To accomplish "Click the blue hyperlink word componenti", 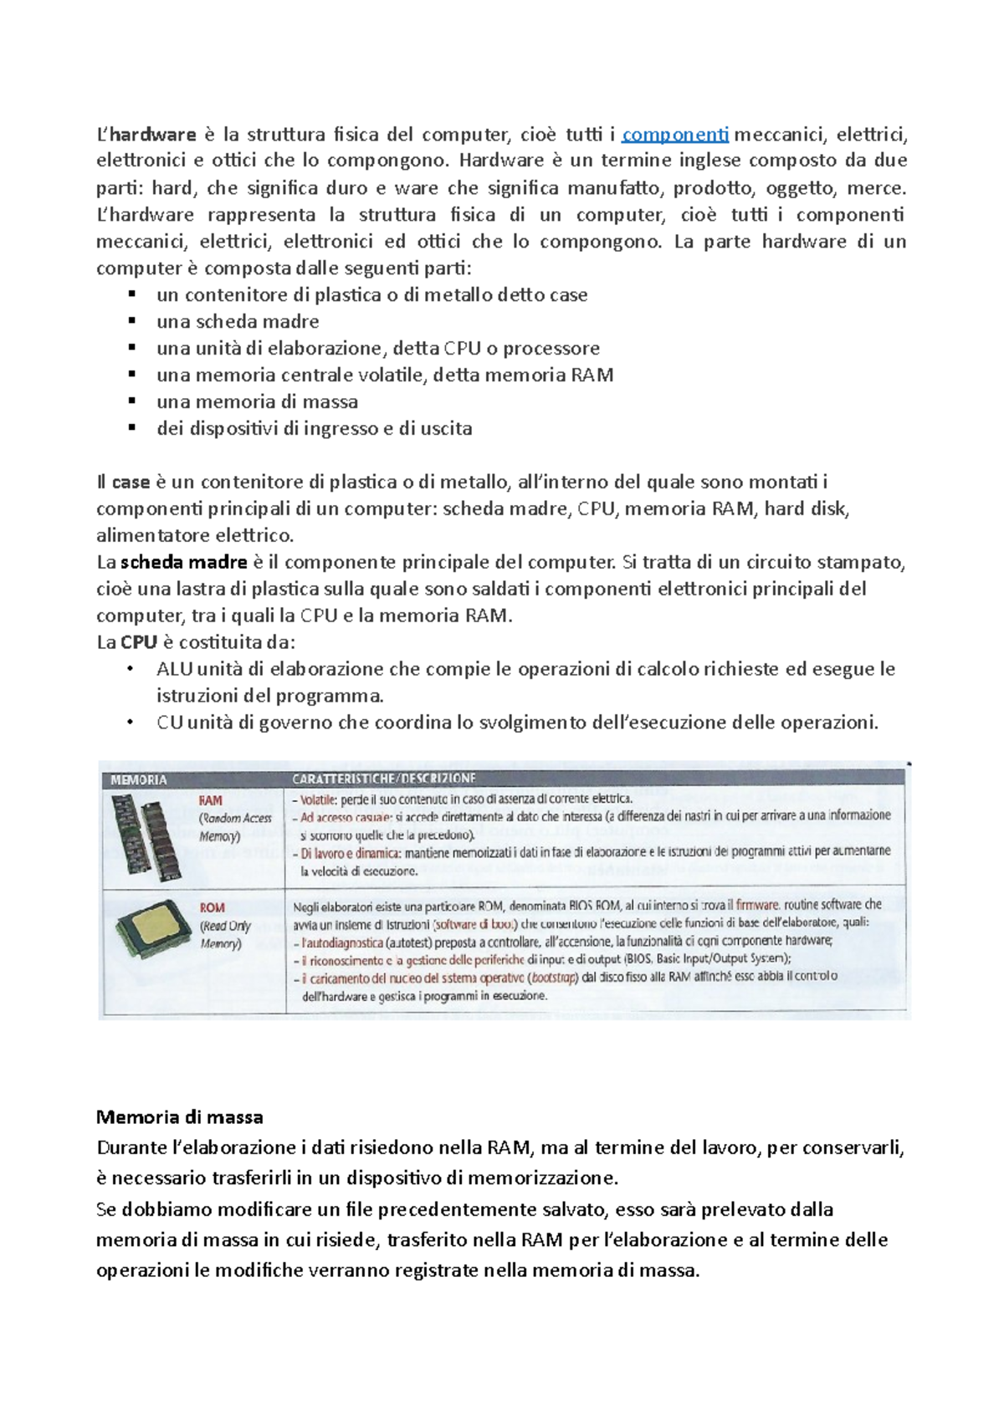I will [675, 135].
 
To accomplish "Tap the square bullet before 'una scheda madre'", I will [131, 320].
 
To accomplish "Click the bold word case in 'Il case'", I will [131, 482].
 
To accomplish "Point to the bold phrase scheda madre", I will [183, 562].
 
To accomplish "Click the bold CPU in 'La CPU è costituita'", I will [138, 642].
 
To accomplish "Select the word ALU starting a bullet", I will [174, 669].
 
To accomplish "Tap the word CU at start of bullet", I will [169, 723].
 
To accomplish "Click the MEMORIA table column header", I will [139, 779].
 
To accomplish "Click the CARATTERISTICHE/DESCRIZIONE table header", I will [384, 779].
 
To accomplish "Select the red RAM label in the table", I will [210, 800].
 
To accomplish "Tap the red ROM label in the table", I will [212, 907].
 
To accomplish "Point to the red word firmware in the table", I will [756, 905].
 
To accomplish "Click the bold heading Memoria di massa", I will [179, 1117].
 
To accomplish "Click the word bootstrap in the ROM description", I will [555, 977].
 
